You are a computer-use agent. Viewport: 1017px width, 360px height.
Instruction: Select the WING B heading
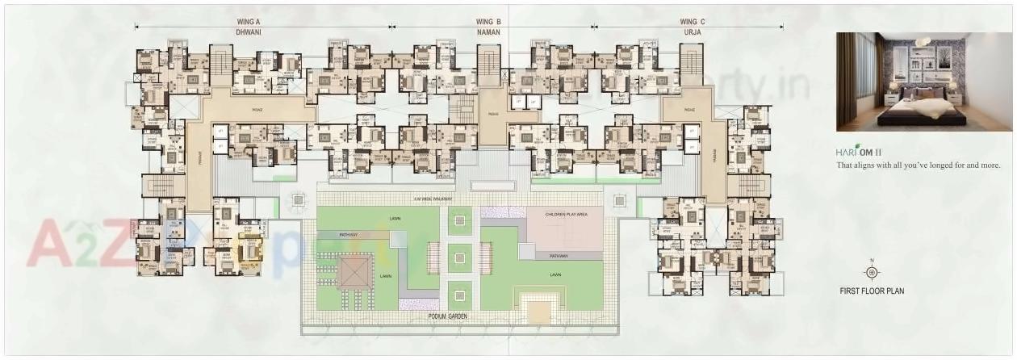point(488,22)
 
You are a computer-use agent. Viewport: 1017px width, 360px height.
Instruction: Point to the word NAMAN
point(488,32)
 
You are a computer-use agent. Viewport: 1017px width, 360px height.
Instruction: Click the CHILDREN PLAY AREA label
point(564,216)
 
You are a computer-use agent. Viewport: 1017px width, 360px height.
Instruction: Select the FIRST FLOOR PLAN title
point(872,291)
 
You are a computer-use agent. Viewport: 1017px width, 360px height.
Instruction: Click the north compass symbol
point(871,272)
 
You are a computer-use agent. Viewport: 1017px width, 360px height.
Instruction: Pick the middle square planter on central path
point(458,258)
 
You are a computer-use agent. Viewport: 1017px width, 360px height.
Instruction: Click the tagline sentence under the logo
point(918,165)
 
